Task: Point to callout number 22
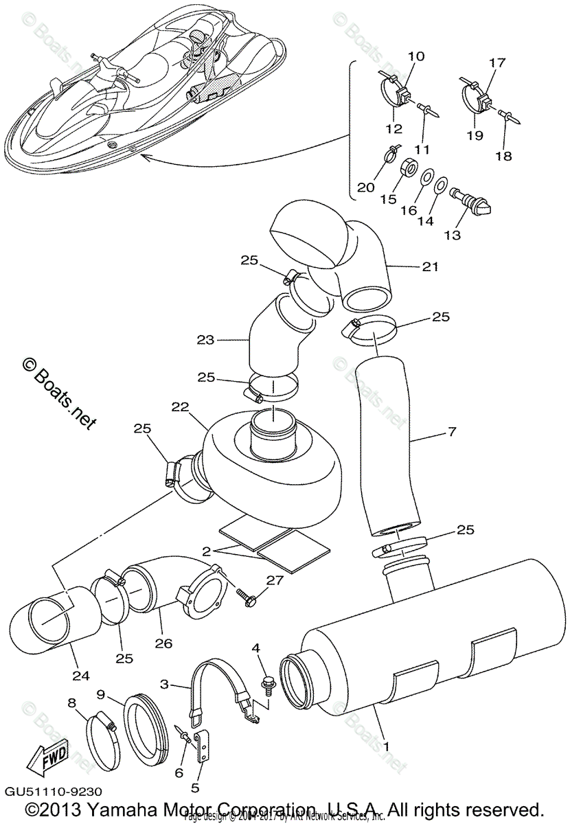coord(179,407)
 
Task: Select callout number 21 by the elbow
coord(431,266)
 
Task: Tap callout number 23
coord(205,339)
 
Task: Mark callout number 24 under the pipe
coord(81,676)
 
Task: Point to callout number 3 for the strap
coord(164,685)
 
